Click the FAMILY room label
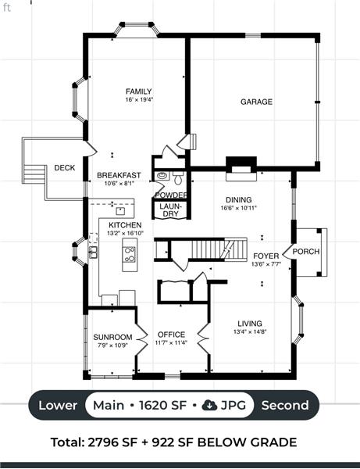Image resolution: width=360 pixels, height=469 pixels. click(x=139, y=91)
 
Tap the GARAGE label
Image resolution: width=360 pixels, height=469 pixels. click(x=256, y=102)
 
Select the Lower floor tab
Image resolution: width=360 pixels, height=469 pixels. click(x=58, y=405)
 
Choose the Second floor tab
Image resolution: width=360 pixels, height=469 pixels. click(x=285, y=405)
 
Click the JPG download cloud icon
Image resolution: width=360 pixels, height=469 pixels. click(x=209, y=405)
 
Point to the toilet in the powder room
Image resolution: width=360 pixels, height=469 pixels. click(x=178, y=177)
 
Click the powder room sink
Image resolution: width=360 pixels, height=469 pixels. click(x=162, y=176)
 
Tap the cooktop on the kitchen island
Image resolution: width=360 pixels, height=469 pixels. click(x=130, y=254)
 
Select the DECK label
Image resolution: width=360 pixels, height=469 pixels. click(x=65, y=168)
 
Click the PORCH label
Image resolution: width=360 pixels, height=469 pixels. click(x=306, y=251)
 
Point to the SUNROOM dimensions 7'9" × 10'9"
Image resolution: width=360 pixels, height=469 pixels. click(x=112, y=345)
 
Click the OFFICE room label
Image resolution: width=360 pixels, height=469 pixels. click(x=171, y=335)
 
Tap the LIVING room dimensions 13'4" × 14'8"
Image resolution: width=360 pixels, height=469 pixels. click(x=250, y=331)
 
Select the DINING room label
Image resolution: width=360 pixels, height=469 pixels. click(x=238, y=200)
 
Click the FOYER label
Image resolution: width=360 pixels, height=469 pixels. click(x=266, y=256)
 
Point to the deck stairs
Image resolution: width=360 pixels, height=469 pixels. click(x=34, y=174)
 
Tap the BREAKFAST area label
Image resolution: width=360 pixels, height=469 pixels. click(x=119, y=175)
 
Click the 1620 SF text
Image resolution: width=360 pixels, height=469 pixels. click(x=163, y=405)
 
